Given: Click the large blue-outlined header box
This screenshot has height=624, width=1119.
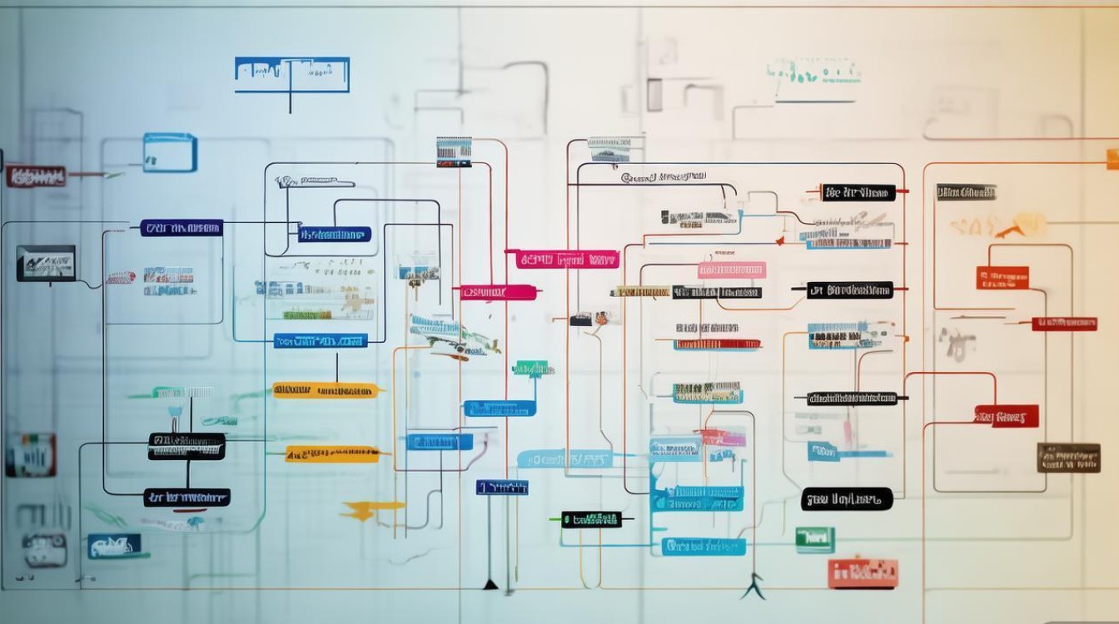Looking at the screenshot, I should [x=291, y=75].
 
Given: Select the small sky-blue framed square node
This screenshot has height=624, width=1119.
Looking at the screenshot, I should [x=170, y=153].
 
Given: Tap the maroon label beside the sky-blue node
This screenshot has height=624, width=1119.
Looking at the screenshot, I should [x=36, y=176].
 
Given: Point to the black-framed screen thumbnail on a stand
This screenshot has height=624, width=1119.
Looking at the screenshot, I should [x=46, y=263].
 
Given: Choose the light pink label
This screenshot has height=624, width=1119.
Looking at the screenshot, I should [x=731, y=270].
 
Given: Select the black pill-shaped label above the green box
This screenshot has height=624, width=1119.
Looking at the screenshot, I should [x=847, y=499].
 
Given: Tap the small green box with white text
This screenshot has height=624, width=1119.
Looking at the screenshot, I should [x=814, y=539].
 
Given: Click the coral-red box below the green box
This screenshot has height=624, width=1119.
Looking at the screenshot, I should [x=863, y=572].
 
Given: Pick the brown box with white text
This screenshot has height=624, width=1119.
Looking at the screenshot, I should [x=1068, y=458].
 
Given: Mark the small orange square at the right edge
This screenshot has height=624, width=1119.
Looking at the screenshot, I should [x=1112, y=159].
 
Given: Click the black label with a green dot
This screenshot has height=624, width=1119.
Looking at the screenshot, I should [x=591, y=520].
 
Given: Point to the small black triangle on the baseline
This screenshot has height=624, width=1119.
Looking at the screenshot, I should [x=490, y=585].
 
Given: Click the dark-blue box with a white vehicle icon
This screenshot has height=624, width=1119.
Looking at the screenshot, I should [x=114, y=546].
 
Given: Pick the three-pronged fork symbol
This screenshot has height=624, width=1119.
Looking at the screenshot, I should [x=754, y=587].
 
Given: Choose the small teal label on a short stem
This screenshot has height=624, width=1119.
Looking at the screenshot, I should [x=533, y=369].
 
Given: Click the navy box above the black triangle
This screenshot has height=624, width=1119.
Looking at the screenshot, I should [x=501, y=488].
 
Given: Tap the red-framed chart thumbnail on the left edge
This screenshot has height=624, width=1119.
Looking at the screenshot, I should [x=31, y=455].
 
